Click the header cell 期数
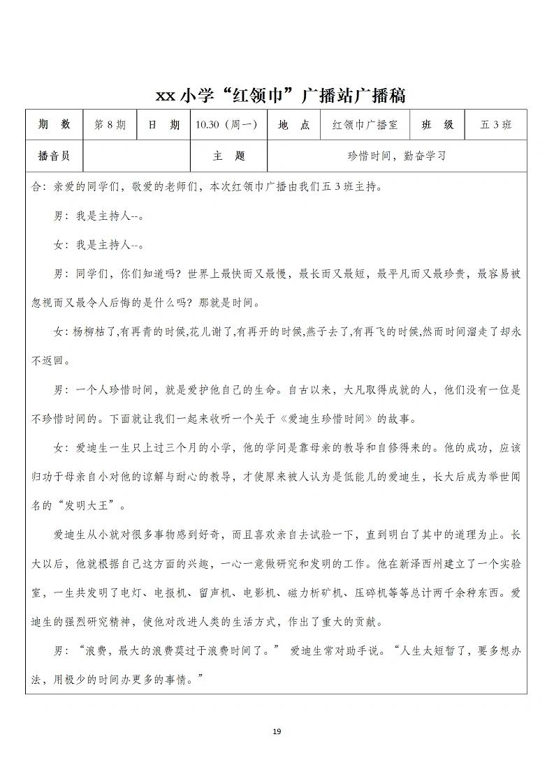tap(54, 125)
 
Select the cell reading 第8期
tap(110, 125)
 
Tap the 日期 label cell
tap(164, 125)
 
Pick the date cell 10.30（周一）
tap(228, 125)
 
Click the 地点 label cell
tap(293, 125)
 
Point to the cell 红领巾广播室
tap(365, 125)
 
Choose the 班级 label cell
tap(438, 125)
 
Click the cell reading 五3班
tap(496, 125)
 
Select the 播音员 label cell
tap(54, 156)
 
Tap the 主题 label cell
tap(229, 156)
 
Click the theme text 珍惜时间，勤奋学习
tap(397, 156)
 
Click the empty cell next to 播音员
tap(136, 156)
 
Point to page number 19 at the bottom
tap(277, 731)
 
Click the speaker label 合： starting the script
tap(38, 187)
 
